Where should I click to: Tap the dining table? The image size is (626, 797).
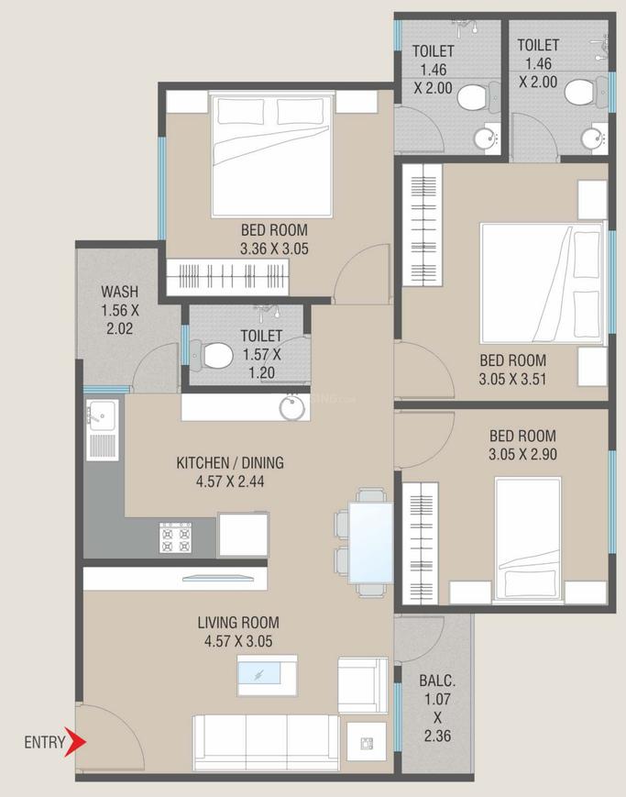(x=370, y=542)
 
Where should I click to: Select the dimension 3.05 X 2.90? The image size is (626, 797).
(x=522, y=452)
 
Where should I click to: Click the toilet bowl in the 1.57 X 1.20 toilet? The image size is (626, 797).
(x=214, y=352)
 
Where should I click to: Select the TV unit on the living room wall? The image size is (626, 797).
(x=218, y=578)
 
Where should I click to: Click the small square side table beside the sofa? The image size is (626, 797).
(x=366, y=741)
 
